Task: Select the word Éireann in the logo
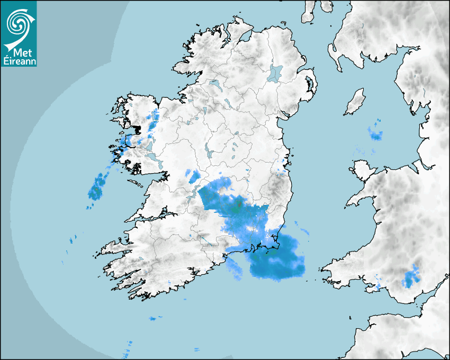[19, 61]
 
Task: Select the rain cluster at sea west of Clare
[97, 186]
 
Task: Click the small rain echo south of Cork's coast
[154, 318]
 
